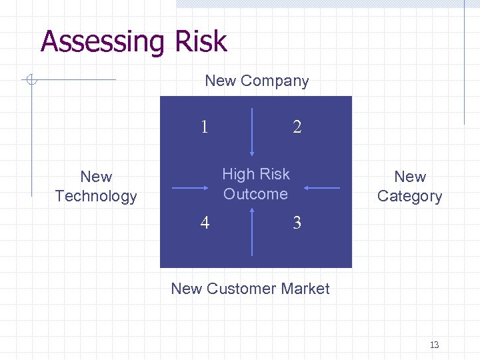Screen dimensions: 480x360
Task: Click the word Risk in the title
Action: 201,42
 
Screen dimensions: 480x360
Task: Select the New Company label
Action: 257,81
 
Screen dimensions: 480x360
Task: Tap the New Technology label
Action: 96,186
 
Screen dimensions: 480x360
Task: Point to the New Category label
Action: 409,186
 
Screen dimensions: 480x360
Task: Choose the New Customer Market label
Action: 250,289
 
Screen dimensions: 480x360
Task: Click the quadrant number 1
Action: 204,126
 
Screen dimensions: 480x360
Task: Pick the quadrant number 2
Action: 297,127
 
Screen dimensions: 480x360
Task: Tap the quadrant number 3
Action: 297,223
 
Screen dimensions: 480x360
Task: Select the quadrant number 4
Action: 205,223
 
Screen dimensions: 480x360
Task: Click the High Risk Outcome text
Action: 256,184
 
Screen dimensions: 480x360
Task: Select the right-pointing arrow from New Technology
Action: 190,188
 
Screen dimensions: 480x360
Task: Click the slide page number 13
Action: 434,345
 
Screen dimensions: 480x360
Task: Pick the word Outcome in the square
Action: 256,194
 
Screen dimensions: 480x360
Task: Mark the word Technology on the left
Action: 96,196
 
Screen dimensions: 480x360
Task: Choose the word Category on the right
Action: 409,196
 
